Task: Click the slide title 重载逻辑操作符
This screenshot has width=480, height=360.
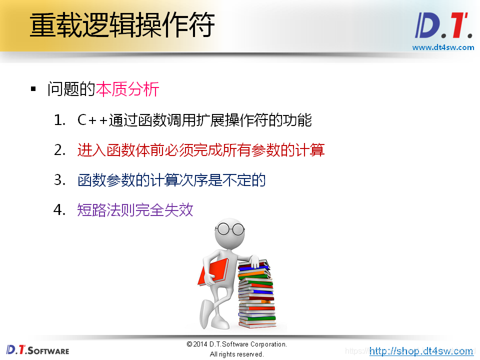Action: (x=122, y=25)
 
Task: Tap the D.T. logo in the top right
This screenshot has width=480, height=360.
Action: (x=443, y=25)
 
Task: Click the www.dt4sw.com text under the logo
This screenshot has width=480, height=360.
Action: (x=443, y=47)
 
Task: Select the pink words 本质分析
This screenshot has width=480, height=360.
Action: (x=127, y=89)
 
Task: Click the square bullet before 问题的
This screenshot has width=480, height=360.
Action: (x=33, y=89)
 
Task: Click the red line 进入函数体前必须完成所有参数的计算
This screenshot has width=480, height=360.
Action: (x=201, y=150)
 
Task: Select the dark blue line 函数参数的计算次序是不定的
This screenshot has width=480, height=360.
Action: (x=171, y=180)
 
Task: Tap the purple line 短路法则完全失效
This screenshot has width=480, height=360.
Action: (x=135, y=210)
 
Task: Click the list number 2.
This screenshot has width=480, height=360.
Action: (x=59, y=150)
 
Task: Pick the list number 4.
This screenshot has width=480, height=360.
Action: (x=59, y=210)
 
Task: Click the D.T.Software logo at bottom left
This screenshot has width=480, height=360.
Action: (x=38, y=350)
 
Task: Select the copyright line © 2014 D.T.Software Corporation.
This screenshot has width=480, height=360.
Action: (x=236, y=344)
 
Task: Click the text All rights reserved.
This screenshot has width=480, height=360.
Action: (x=236, y=354)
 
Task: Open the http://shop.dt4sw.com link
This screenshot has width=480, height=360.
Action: (x=421, y=351)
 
